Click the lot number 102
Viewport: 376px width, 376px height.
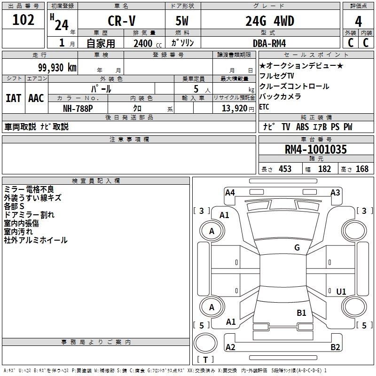pyautogui.click(x=23, y=20)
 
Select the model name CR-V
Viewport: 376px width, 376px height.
pyautogui.click(x=122, y=21)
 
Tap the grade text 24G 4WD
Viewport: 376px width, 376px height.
pyautogui.click(x=270, y=21)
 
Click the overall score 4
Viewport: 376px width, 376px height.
pyautogui.click(x=358, y=22)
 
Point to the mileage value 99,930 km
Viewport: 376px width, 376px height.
pyautogui.click(x=57, y=68)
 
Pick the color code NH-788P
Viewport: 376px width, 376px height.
pyautogui.click(x=78, y=109)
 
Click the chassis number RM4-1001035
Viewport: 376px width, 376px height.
pyautogui.click(x=315, y=149)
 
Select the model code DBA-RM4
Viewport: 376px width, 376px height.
pyautogui.click(x=269, y=43)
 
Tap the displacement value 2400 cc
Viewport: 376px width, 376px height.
pyautogui.click(x=148, y=44)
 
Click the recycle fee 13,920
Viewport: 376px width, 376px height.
pyautogui.click(x=234, y=109)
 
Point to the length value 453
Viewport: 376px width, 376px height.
pyautogui.click(x=285, y=169)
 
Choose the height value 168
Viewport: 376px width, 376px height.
pyautogui.click(x=362, y=169)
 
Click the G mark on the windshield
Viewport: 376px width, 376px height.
pyautogui.click(x=297, y=247)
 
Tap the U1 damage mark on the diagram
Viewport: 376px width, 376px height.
pyautogui.click(x=341, y=291)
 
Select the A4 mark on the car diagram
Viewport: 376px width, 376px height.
pyautogui.click(x=230, y=193)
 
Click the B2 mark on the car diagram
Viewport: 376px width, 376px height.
pyautogui.click(x=335, y=347)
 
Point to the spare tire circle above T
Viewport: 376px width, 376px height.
pyautogui.click(x=205, y=343)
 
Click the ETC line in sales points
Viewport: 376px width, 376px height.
pyautogui.click(x=264, y=107)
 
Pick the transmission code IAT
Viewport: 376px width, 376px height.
pyautogui.click(x=13, y=98)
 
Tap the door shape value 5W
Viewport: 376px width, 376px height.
pyautogui.click(x=182, y=21)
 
